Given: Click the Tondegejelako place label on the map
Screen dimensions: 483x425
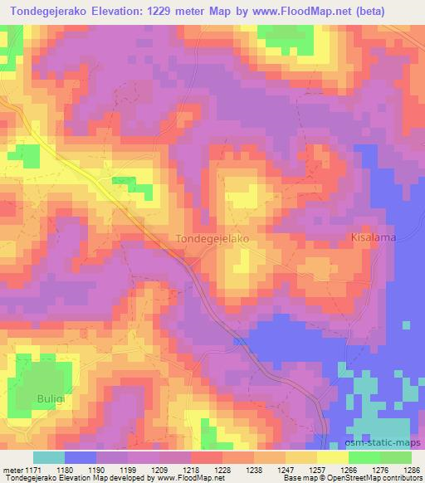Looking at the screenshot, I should (213, 238).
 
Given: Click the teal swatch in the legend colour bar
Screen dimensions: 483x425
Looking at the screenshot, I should (50, 457).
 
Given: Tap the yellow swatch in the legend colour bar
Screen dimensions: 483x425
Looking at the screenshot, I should (334, 457).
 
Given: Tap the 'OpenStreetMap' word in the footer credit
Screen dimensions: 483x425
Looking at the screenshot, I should (366, 478).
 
